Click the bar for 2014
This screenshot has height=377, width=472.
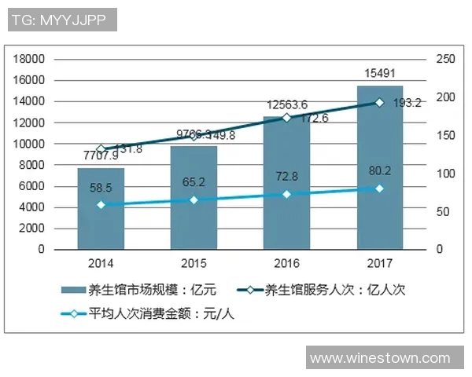(101, 208)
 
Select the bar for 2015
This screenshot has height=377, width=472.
(194, 197)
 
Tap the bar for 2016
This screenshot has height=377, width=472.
(286, 182)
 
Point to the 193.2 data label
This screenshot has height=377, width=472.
(407, 103)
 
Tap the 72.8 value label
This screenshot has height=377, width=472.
(286, 178)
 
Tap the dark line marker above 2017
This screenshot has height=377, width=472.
(379, 102)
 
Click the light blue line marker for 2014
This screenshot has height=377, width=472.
(101, 204)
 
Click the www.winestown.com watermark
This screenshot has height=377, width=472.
(379, 358)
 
